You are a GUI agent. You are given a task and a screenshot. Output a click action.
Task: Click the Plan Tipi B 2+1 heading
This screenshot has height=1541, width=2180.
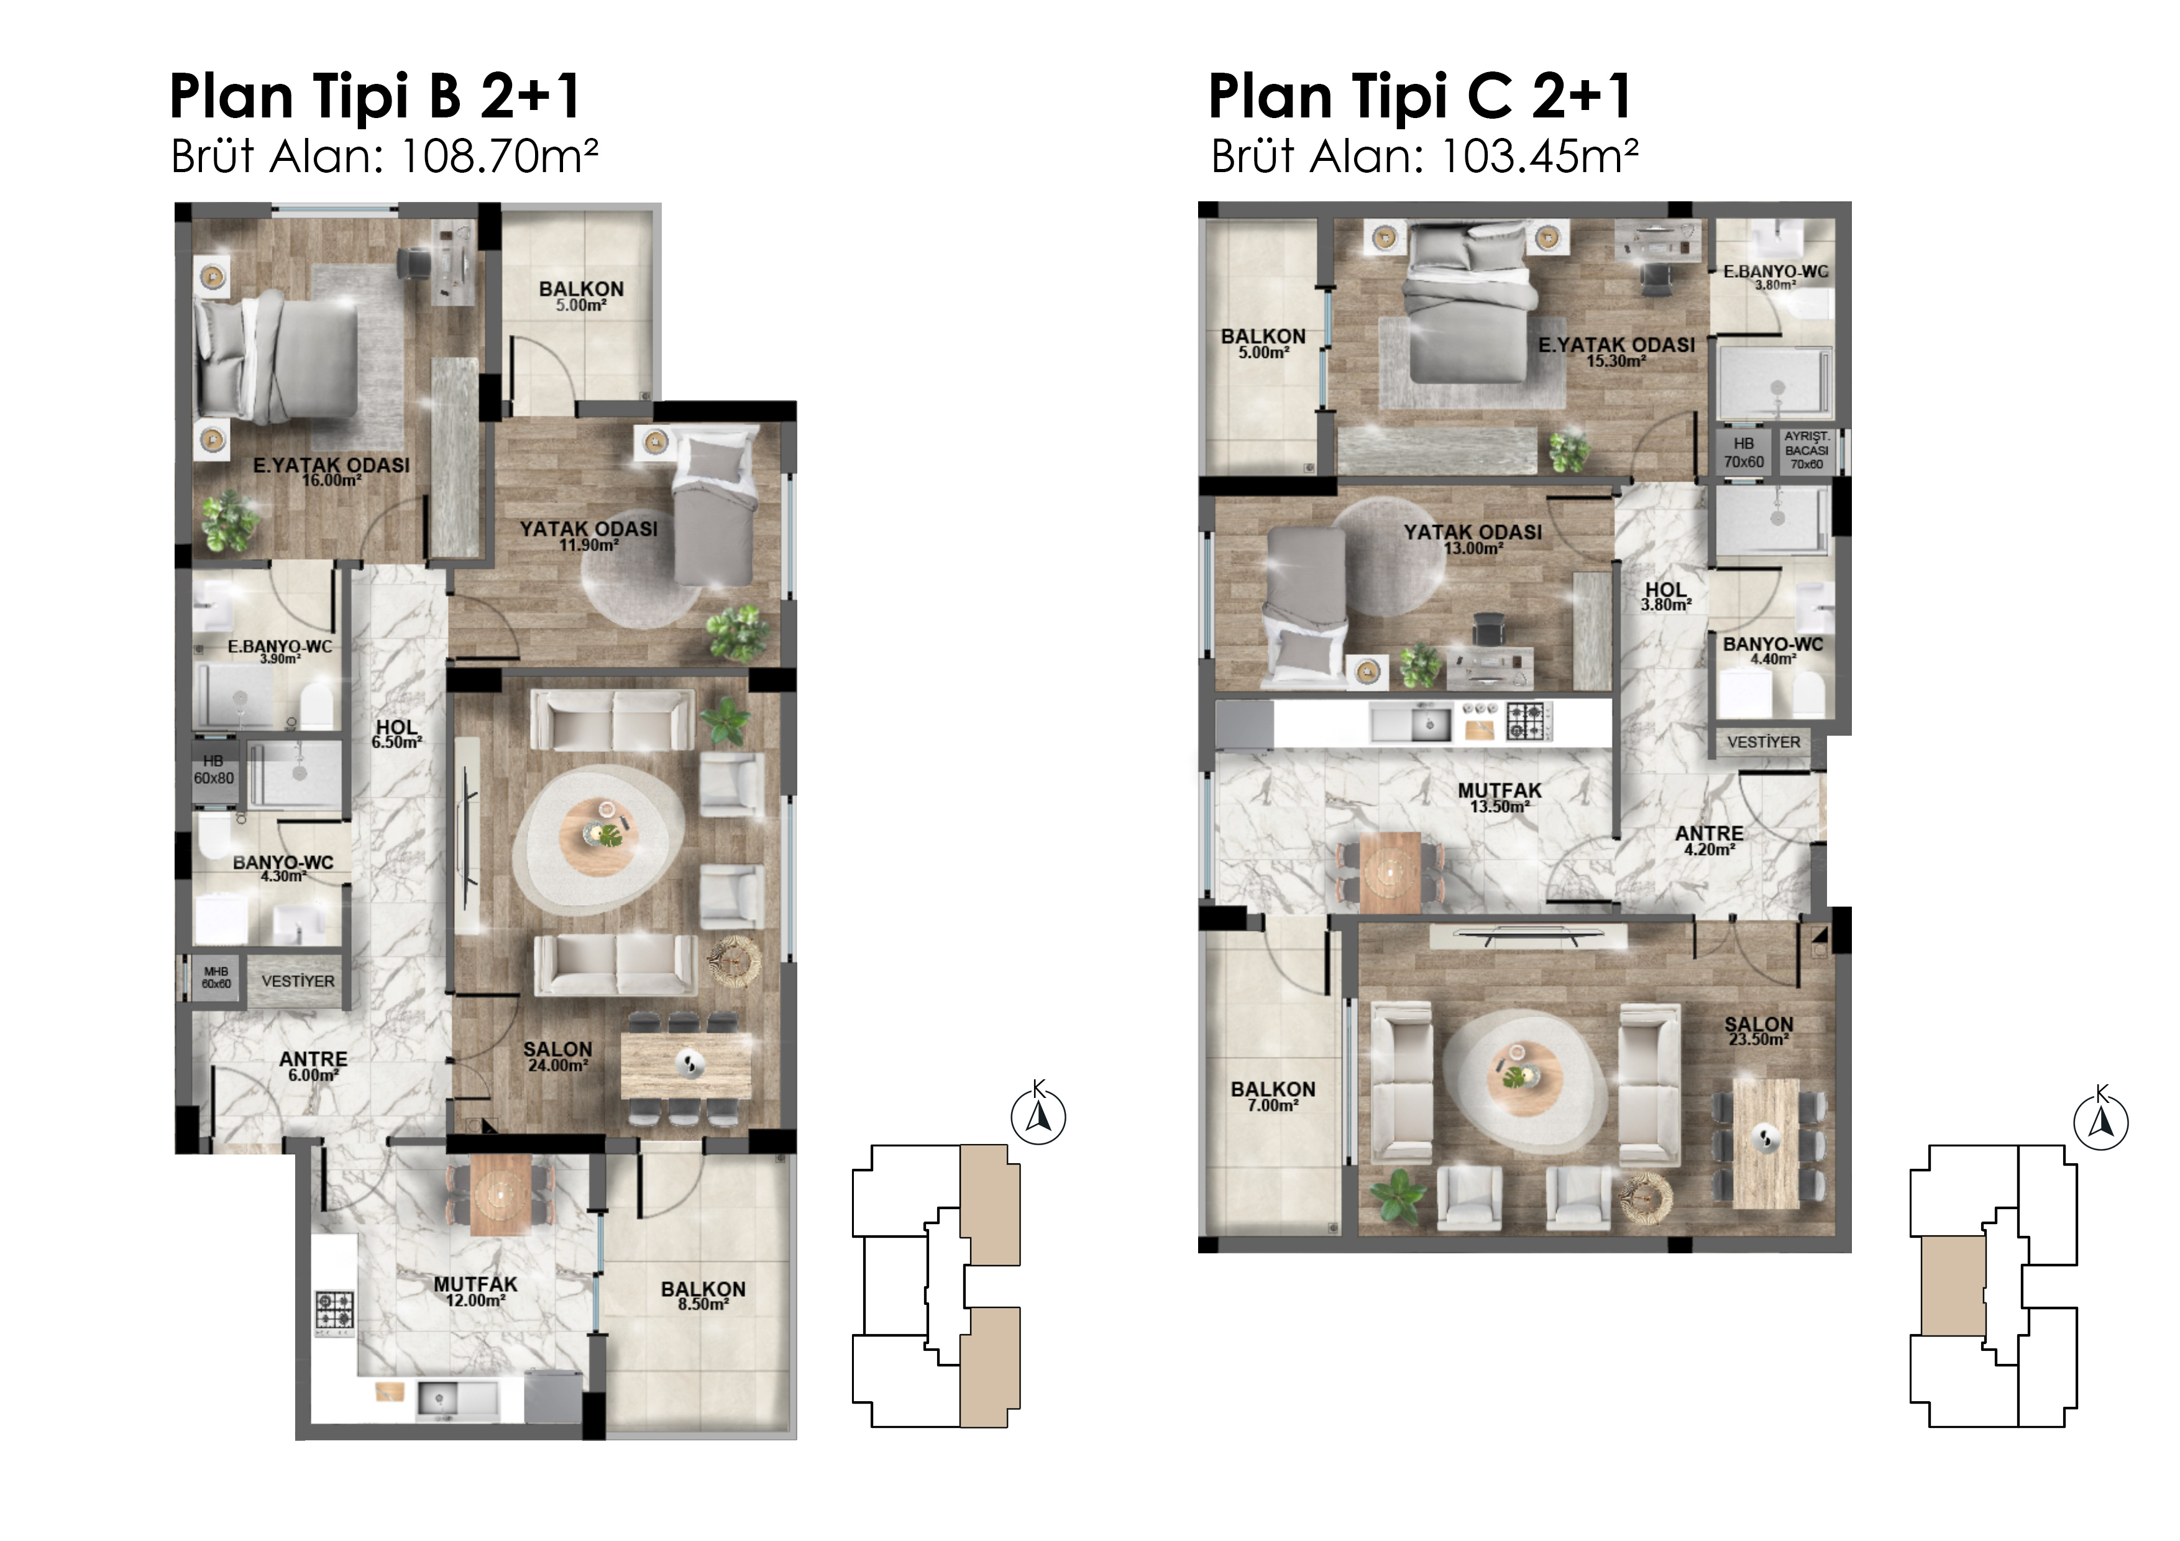[375, 98]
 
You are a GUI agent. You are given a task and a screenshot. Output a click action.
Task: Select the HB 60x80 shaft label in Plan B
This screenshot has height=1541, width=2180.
[214, 770]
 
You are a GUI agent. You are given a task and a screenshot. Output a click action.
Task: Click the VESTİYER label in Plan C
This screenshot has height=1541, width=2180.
[1763, 743]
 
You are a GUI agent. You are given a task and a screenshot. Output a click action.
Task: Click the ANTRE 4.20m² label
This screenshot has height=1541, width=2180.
[1709, 840]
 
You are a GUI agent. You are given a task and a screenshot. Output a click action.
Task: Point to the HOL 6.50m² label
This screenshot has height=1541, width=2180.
[397, 734]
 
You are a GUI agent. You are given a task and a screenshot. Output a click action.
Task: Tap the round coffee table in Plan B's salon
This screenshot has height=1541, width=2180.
[598, 836]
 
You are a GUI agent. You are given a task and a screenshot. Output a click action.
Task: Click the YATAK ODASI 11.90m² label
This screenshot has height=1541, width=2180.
[589, 536]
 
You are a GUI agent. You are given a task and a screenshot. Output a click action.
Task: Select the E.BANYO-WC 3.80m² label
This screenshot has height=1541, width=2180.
[1775, 277]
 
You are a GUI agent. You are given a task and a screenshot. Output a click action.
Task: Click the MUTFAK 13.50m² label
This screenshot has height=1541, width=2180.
[1500, 798]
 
